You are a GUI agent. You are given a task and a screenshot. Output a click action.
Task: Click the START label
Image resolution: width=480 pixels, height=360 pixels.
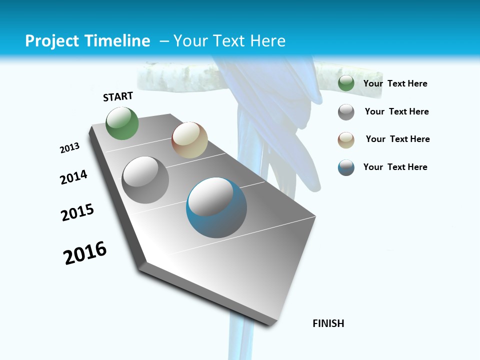point(118,96)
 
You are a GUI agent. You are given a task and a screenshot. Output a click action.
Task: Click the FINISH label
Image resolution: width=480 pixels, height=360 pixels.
point(328,323)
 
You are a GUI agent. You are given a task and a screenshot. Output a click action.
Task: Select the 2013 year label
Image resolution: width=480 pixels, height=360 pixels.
point(69,148)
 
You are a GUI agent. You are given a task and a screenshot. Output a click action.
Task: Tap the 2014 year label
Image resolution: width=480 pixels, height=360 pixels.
point(73,177)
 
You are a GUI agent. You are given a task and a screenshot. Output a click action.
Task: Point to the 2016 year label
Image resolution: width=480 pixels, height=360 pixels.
point(85,253)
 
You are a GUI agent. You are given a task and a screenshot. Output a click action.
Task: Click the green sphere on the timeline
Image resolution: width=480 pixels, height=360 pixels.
point(122,123)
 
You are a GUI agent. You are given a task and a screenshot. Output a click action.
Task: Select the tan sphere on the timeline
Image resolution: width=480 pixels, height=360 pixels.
point(189,140)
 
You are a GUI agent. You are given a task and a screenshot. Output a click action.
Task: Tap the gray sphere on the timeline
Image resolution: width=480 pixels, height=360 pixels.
point(145,180)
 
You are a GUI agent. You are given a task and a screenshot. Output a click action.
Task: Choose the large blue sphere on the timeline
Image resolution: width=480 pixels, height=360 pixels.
point(216,207)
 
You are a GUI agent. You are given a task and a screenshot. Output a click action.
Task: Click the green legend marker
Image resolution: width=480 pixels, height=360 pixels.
point(346,83)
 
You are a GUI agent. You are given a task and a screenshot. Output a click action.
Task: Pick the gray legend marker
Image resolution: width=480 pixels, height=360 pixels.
point(346,112)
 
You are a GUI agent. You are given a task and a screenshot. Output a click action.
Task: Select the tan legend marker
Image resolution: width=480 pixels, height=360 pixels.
point(346,140)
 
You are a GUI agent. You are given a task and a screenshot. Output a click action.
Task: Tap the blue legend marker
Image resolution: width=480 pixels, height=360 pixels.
point(346,167)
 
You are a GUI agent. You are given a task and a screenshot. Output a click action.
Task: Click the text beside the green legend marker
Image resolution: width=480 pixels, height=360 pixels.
point(395,83)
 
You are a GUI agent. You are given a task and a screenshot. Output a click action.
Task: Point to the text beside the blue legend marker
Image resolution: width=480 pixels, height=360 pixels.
point(395,167)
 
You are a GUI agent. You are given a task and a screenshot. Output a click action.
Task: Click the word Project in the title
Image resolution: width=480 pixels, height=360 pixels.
point(51,41)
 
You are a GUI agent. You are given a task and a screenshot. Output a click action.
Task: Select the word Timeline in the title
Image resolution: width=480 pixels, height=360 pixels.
point(117,40)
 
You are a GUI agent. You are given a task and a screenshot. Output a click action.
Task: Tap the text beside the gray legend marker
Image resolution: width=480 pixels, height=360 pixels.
point(396,111)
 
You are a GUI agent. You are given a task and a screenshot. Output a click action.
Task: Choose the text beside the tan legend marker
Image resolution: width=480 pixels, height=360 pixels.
point(397,139)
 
